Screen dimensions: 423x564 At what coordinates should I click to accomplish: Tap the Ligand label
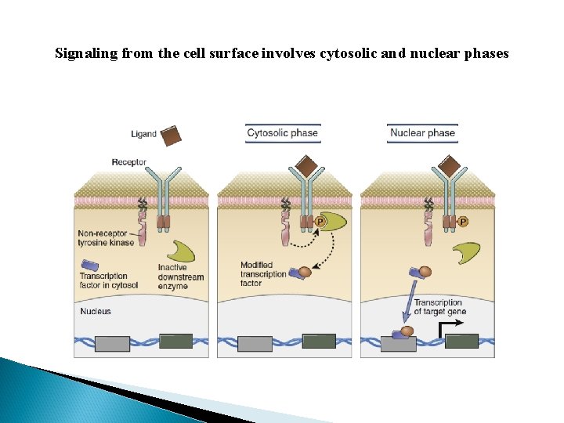(x=143, y=134)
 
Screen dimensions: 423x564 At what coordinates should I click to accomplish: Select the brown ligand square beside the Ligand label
(x=170, y=136)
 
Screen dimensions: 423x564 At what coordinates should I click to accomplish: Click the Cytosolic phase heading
(x=282, y=132)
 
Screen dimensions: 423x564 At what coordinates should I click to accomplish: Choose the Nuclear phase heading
(x=422, y=132)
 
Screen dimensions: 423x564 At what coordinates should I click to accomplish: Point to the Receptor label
(x=129, y=162)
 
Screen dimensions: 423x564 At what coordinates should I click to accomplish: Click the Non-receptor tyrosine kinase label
(x=107, y=238)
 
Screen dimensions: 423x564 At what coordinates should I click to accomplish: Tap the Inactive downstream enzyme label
(x=181, y=277)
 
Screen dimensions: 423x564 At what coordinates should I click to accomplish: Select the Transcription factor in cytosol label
(x=109, y=280)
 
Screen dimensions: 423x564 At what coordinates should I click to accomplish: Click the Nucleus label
(x=96, y=311)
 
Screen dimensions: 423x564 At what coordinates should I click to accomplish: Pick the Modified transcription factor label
(x=264, y=274)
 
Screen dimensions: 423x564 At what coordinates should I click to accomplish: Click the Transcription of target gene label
(x=439, y=307)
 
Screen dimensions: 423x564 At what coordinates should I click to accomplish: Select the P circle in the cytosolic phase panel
(x=320, y=222)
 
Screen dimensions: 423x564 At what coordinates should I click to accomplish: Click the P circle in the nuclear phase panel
(x=462, y=222)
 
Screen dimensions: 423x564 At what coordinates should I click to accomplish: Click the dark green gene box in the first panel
(x=175, y=341)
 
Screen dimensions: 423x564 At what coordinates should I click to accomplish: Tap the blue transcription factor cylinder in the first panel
(x=89, y=266)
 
